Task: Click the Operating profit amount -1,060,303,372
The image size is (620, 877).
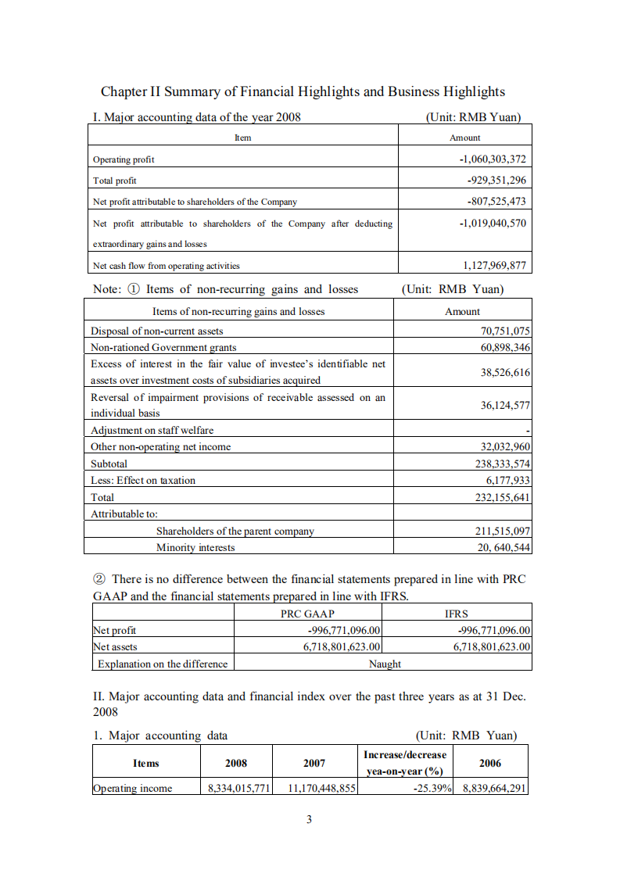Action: [493, 159]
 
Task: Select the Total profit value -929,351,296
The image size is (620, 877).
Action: [496, 181]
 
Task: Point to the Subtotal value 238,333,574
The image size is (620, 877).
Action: [497, 464]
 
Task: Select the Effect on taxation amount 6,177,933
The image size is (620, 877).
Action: [508, 480]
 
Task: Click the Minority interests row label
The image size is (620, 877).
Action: [195, 547]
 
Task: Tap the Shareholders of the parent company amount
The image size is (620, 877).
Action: [503, 532]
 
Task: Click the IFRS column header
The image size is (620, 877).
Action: [457, 614]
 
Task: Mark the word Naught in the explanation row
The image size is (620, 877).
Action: [385, 664]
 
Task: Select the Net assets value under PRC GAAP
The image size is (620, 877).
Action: [342, 646]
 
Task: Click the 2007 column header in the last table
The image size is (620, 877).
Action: [314, 763]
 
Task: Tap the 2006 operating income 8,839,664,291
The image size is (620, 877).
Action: [493, 788]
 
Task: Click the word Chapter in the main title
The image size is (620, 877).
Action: [125, 91]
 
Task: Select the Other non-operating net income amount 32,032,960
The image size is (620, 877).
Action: [504, 447]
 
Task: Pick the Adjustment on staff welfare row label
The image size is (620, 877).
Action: [152, 430]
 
